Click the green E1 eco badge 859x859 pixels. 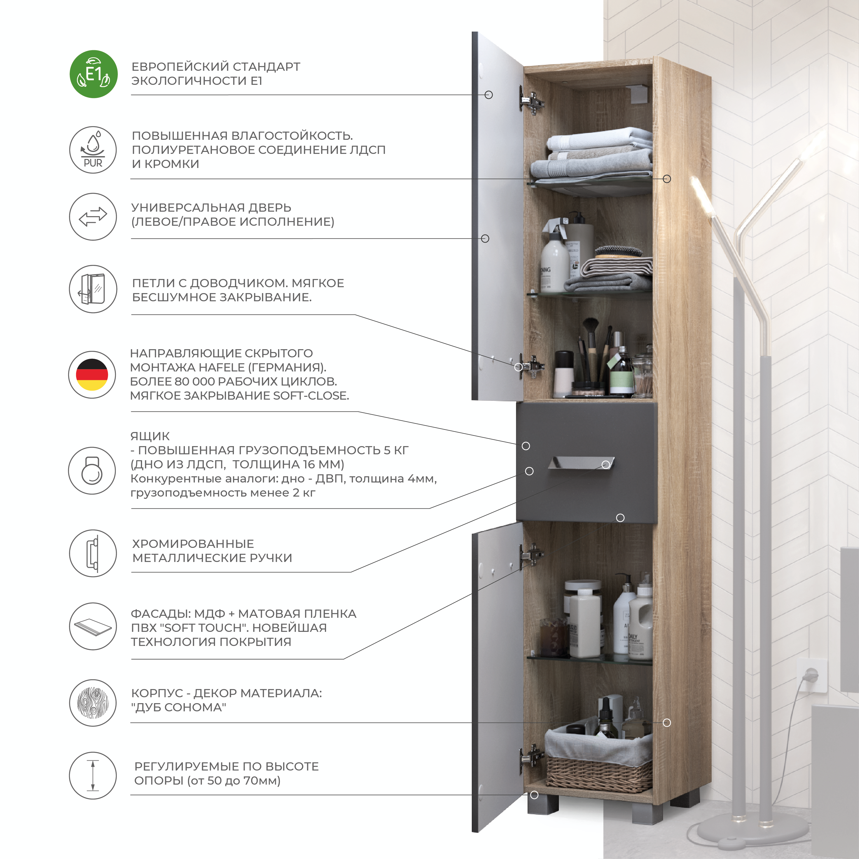(x=93, y=74)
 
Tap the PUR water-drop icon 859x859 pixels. (x=93, y=150)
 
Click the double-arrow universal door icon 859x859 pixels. (x=93, y=216)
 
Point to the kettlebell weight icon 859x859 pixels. (x=92, y=470)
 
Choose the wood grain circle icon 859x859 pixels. (x=93, y=703)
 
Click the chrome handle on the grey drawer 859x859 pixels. (x=581, y=462)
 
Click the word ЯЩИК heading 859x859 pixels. (x=150, y=436)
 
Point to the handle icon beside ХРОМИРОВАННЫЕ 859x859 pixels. (x=93, y=553)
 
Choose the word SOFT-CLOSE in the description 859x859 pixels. (x=311, y=395)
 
